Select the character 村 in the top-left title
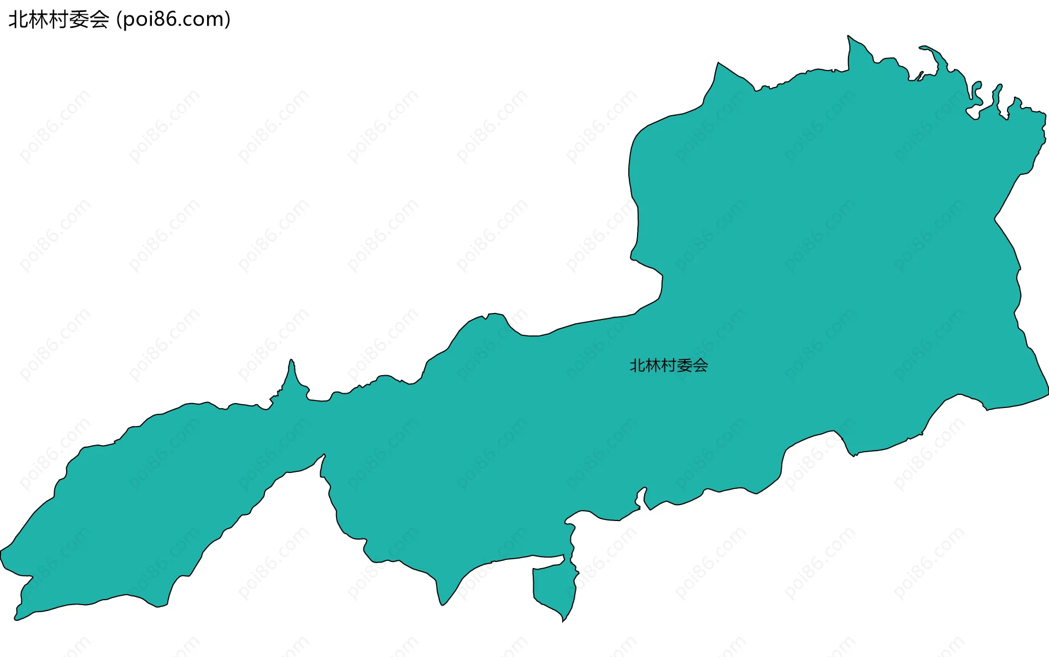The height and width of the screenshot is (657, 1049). click(59, 20)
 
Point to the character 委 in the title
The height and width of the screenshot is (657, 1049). click(79, 20)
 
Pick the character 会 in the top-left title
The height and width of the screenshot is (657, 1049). click(99, 20)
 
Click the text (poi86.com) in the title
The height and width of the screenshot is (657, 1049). click(174, 20)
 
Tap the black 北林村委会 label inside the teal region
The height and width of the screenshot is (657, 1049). click(669, 365)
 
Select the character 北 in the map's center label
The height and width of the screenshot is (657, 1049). click(638, 365)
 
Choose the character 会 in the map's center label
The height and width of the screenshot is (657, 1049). click(700, 365)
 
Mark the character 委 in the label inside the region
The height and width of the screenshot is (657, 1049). click(685, 365)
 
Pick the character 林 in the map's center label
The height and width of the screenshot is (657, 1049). click(653, 365)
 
